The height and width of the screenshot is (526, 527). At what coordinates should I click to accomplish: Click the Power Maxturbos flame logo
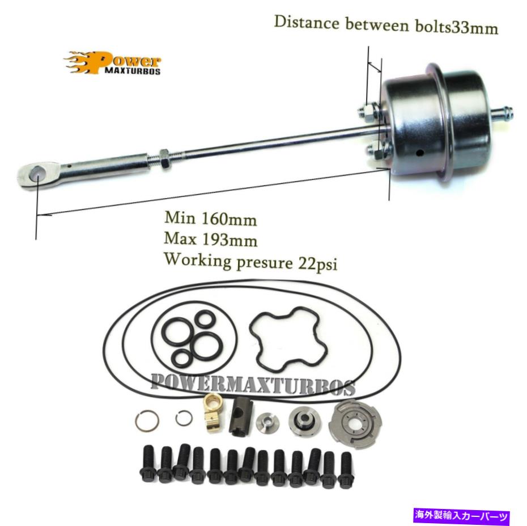click(x=112, y=63)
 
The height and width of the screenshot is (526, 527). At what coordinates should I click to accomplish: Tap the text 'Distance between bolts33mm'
click(x=386, y=24)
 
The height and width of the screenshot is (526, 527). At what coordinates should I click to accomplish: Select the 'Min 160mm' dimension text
click(x=210, y=219)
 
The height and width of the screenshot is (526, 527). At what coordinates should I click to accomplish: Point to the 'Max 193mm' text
click(x=211, y=239)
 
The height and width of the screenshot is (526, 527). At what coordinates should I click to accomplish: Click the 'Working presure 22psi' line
click(x=250, y=262)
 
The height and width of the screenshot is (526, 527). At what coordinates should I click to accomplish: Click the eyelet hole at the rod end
click(x=37, y=174)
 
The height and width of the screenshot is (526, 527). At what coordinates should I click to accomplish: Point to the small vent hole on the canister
click(x=419, y=153)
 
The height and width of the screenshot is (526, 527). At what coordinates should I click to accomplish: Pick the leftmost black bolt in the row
click(x=148, y=464)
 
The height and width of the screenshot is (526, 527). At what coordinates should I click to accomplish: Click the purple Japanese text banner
click(x=462, y=516)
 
